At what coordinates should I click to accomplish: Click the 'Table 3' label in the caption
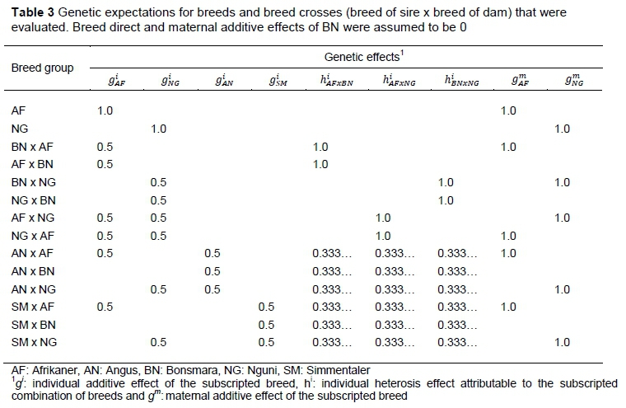[27, 12]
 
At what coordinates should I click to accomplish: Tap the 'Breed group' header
[42, 68]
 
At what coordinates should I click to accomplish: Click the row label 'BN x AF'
[31, 147]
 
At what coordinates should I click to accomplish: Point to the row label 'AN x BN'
[31, 270]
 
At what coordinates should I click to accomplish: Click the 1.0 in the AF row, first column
[105, 110]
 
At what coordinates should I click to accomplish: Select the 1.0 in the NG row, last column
[562, 129]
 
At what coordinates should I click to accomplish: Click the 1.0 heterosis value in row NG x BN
[446, 200]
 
